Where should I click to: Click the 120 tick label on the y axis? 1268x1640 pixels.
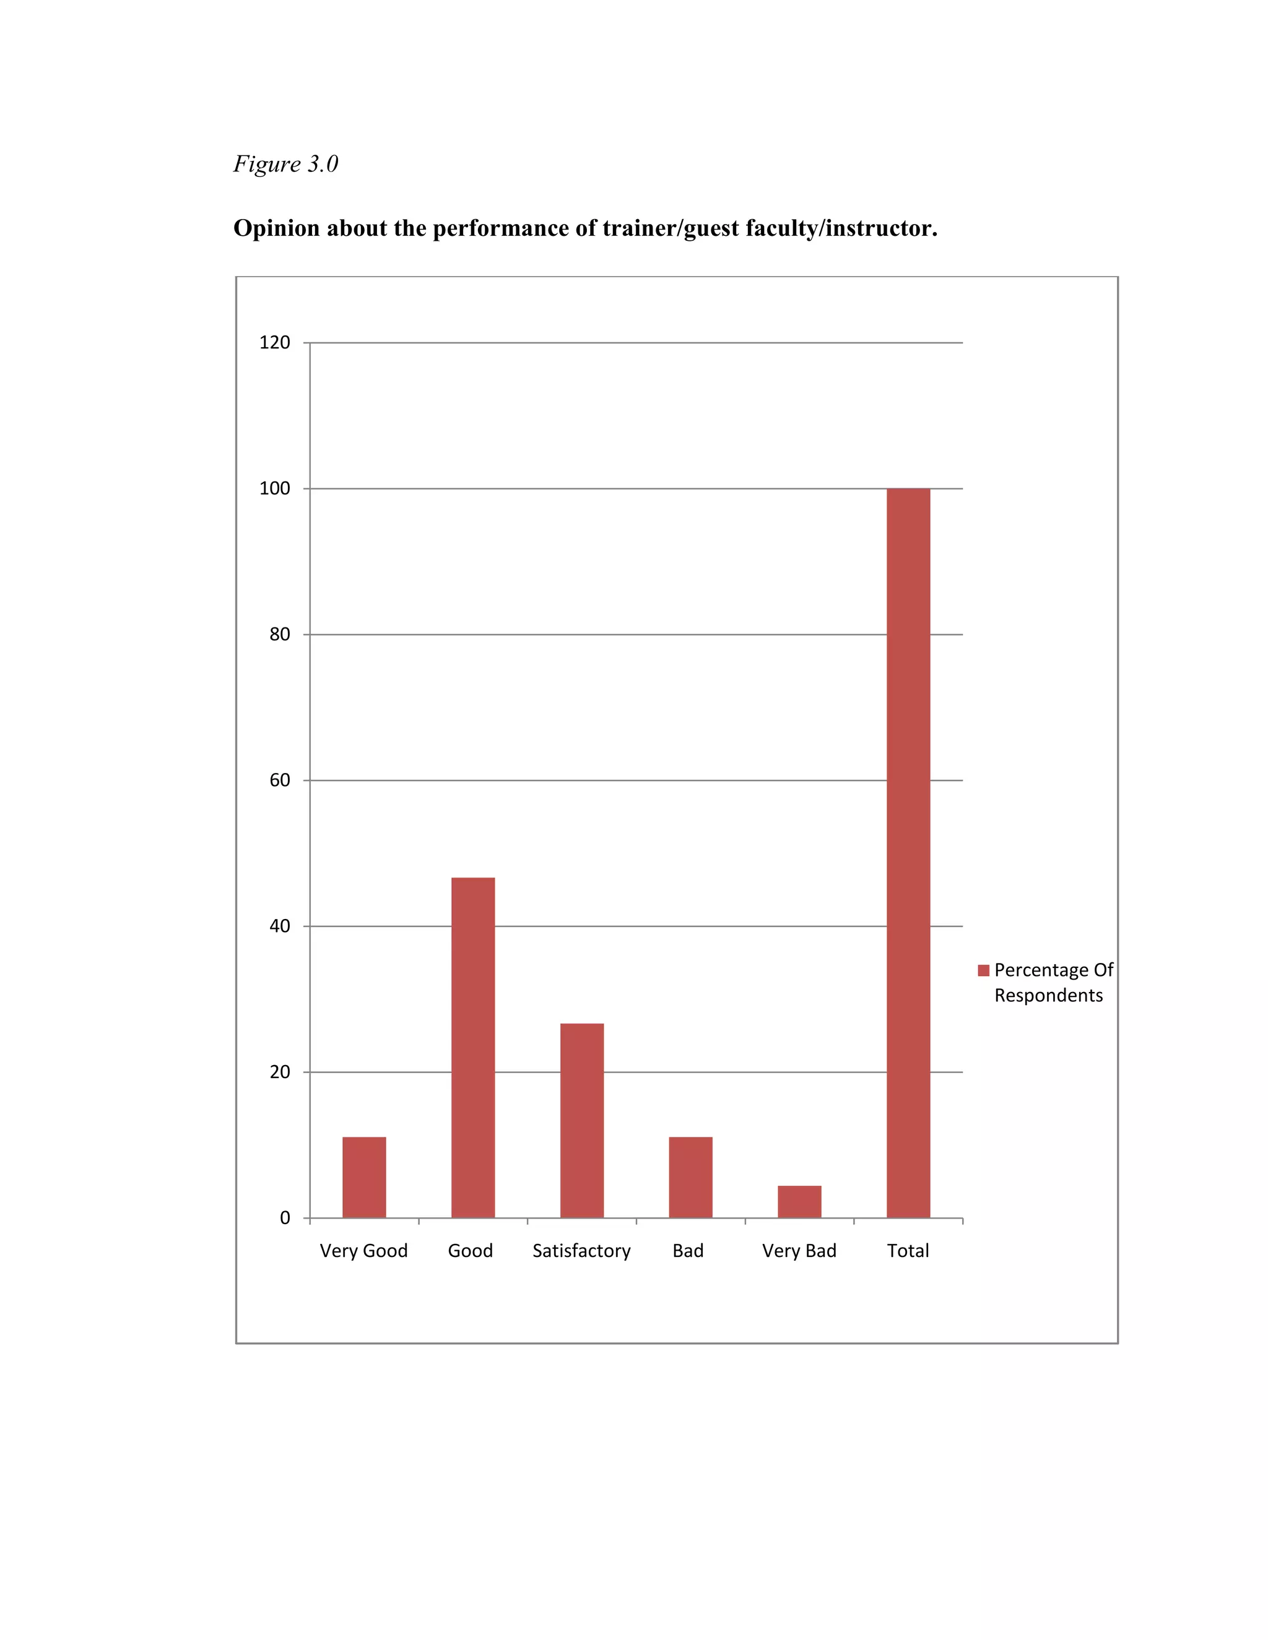click(x=274, y=343)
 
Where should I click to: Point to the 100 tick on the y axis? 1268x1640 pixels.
click(x=274, y=489)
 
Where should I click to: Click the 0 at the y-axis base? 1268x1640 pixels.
click(x=285, y=1218)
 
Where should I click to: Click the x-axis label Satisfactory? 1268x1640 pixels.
click(x=581, y=1251)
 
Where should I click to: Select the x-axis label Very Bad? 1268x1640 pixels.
click(x=799, y=1251)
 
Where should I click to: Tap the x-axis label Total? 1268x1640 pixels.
click(x=908, y=1251)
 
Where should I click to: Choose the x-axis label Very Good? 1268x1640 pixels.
click(x=363, y=1251)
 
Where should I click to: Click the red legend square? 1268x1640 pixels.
click(x=983, y=971)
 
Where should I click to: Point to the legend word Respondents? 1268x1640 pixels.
click(x=1049, y=996)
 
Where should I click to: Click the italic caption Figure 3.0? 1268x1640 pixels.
click(x=285, y=164)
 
